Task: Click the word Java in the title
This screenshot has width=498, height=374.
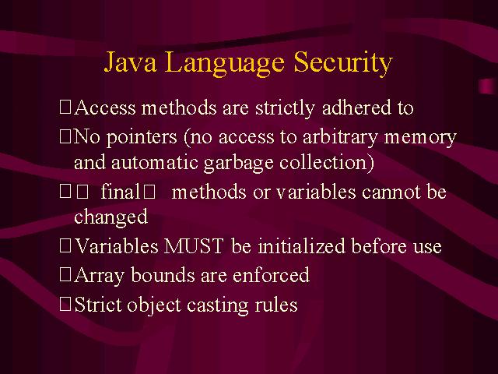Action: (131, 62)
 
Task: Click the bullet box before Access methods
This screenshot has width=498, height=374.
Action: (65, 107)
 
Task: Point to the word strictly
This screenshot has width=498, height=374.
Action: (285, 108)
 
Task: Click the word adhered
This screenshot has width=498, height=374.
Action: (356, 108)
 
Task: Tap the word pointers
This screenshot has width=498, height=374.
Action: (142, 138)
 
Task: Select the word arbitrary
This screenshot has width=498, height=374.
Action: (340, 138)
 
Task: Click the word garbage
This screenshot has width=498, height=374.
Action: (239, 164)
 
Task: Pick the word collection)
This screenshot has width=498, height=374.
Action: (327, 163)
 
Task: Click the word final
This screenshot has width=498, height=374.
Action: (120, 192)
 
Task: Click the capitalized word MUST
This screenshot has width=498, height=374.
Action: (194, 246)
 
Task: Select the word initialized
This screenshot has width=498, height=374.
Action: (301, 246)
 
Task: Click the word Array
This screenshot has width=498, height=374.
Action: (99, 276)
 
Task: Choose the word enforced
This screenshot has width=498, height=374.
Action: (271, 274)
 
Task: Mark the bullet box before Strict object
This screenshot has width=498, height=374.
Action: (65, 304)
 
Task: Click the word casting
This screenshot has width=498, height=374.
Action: (218, 305)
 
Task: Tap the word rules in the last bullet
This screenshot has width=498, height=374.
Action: (276, 305)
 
